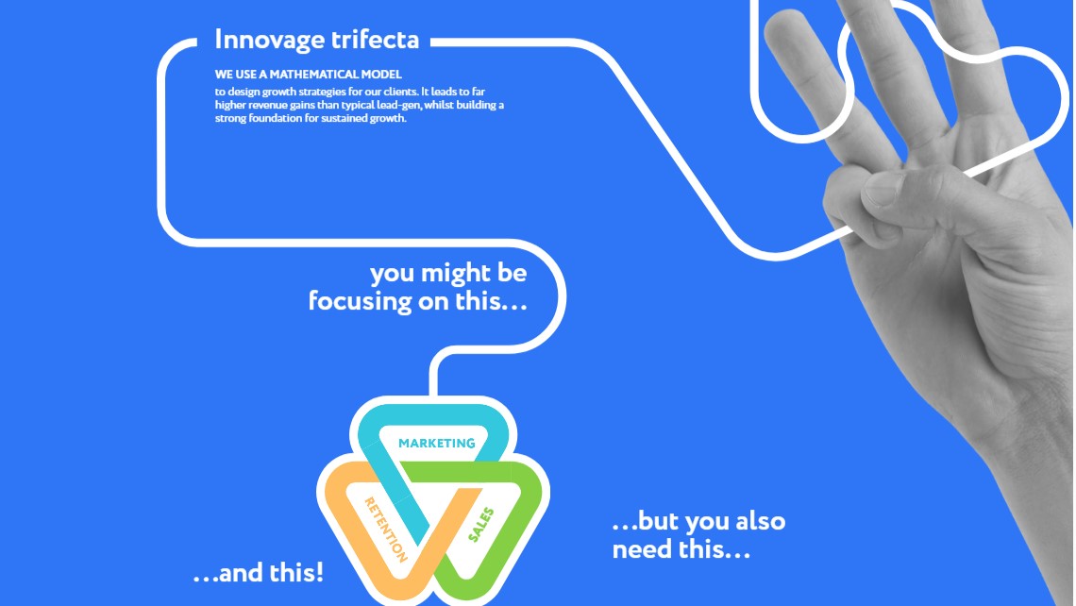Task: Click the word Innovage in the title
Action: point(269,41)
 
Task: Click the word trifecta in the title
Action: point(375,39)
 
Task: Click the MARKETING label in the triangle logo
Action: point(436,444)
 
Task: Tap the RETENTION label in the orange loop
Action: point(385,530)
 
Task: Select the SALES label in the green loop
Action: point(480,524)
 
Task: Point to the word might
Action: point(455,273)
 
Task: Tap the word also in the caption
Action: point(761,521)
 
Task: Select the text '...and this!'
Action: point(258,572)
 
